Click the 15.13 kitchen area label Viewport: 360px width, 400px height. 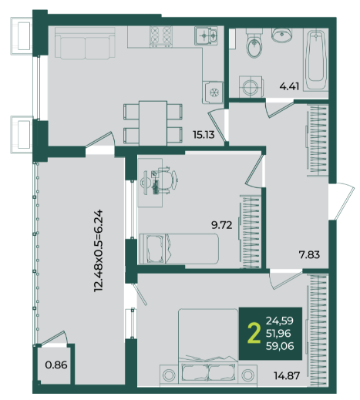pyautogui.click(x=204, y=135)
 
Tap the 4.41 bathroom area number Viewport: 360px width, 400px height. pyautogui.click(x=289, y=86)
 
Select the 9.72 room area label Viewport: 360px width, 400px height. pyautogui.click(x=221, y=225)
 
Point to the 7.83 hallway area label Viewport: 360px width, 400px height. pyautogui.click(x=309, y=255)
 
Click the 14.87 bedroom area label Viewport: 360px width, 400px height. pyautogui.click(x=287, y=376)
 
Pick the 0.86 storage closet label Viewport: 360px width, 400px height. pyautogui.click(x=56, y=365)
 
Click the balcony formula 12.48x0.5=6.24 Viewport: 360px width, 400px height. pyautogui.click(x=99, y=250)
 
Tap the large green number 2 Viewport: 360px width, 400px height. pyautogui.click(x=254, y=334)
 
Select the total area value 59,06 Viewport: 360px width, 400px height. pyautogui.click(x=280, y=346)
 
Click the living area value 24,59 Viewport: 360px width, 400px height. pyautogui.click(x=280, y=321)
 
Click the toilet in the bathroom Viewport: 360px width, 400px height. pyautogui.click(x=254, y=43)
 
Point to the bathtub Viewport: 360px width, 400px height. pyautogui.click(x=315, y=59)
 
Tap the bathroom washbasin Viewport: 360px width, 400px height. pyautogui.click(x=282, y=35)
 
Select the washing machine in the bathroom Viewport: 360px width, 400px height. pyautogui.click(x=251, y=86)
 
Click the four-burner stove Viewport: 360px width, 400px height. pyautogui.click(x=161, y=36)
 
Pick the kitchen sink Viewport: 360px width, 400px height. pyautogui.click(x=206, y=35)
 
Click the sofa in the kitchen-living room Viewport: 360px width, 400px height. pyautogui.click(x=85, y=43)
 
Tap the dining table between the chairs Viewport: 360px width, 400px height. pyautogui.click(x=153, y=123)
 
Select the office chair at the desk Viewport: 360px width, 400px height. pyautogui.click(x=165, y=180)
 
